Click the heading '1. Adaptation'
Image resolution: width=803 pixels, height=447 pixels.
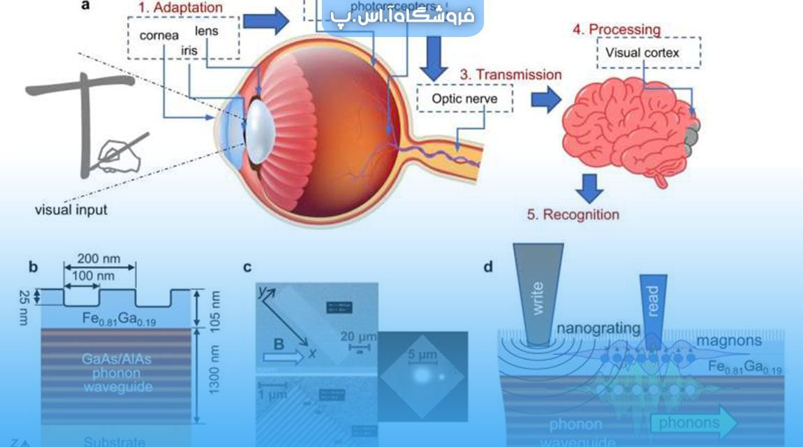coord(177,8)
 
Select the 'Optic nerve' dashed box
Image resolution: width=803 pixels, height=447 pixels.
coord(464,98)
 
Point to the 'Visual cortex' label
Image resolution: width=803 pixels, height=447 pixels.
coord(642,52)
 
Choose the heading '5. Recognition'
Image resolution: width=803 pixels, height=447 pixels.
coord(573,214)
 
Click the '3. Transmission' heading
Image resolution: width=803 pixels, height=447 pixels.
coord(510,74)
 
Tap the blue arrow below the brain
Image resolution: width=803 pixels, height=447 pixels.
coord(591,186)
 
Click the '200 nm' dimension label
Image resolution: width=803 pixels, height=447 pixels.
coord(100,258)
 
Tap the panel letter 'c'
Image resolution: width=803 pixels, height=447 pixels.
coord(247,267)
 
